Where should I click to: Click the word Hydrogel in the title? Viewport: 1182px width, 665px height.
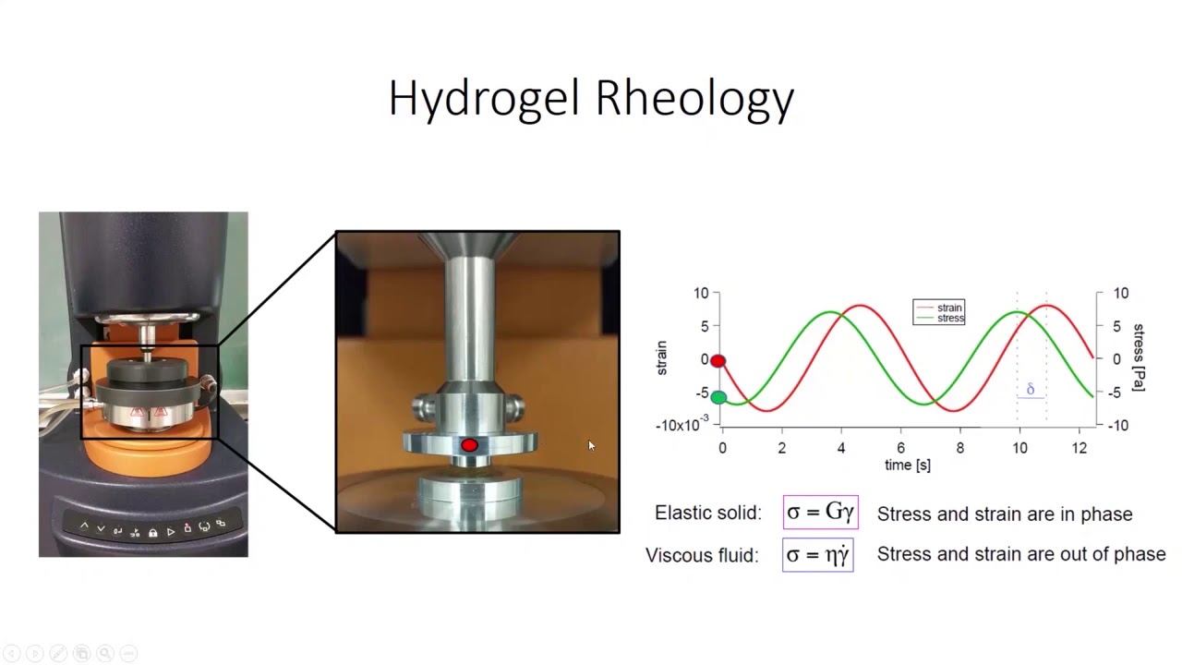[x=485, y=98]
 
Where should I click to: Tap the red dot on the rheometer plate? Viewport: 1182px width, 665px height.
[x=469, y=446]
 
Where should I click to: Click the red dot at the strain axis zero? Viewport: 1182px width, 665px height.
[x=718, y=361]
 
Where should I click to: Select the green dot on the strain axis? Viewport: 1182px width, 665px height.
[x=718, y=398]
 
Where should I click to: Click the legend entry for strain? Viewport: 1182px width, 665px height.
[x=948, y=308]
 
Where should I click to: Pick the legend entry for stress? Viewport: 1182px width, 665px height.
[x=949, y=319]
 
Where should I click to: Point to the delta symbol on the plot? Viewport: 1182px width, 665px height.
[x=1031, y=390]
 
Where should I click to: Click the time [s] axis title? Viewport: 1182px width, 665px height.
[x=908, y=465]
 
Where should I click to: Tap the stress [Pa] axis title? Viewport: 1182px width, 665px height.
[x=1139, y=357]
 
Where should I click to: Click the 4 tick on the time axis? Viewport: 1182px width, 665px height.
[x=841, y=448]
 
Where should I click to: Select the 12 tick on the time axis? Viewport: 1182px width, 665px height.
[x=1079, y=448]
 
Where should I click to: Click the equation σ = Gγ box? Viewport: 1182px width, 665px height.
[x=820, y=513]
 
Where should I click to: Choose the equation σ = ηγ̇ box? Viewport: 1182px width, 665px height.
[x=817, y=555]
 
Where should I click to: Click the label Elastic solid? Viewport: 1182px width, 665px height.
[x=708, y=514]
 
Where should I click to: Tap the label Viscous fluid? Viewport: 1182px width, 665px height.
[x=702, y=555]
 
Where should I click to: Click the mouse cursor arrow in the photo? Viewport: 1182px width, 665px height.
[x=591, y=446]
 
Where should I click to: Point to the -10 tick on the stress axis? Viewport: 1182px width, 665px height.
[x=1119, y=426]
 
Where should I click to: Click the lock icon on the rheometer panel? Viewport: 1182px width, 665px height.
[x=152, y=532]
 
